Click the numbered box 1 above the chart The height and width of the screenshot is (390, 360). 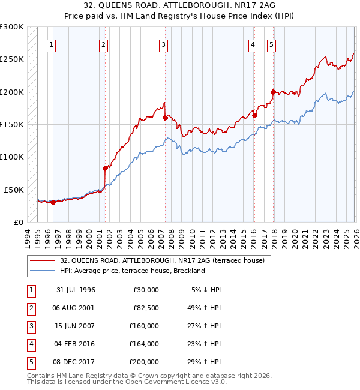51,44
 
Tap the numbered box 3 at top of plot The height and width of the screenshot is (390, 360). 163,44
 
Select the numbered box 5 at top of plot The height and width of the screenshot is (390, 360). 271,44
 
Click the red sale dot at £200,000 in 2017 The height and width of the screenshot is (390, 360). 273,92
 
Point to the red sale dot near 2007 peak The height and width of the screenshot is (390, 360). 165,118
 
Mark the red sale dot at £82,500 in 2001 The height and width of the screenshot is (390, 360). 105,168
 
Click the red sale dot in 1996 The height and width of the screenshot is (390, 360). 53,202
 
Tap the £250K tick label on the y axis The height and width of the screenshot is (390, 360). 12,59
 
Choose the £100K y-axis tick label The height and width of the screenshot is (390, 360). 12,157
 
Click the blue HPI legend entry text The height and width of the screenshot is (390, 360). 133,271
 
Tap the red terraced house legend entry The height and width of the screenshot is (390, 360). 166,260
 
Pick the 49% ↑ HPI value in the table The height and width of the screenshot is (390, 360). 203,308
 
